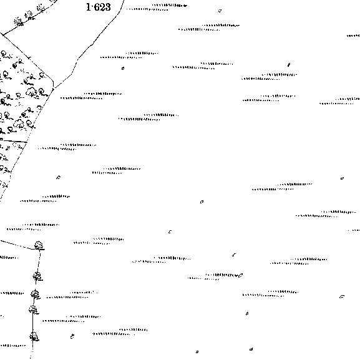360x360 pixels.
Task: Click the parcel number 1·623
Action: coord(98,7)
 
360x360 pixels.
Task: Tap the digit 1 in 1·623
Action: coord(89,7)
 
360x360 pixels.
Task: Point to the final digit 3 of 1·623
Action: coord(107,7)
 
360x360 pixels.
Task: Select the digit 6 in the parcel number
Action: coord(97,7)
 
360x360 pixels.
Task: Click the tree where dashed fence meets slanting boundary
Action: coord(39,245)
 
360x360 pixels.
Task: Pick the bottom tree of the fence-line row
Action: coord(34,336)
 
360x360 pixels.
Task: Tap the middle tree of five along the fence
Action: coord(35,294)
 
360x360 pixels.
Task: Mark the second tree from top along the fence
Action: coord(37,276)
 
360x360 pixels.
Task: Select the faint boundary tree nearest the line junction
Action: coord(18,21)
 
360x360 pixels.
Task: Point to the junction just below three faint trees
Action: coord(3,35)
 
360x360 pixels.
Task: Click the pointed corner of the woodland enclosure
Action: coord(53,89)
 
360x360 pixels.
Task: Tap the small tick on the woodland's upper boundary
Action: coord(29,57)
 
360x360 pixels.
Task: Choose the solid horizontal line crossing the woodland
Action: coord(14,140)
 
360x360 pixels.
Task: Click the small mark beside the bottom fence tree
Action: coord(72,336)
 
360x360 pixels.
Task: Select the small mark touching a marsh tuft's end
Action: coord(240,275)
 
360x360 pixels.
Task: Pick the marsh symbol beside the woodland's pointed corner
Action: coord(91,96)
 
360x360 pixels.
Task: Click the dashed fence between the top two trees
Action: coord(39,261)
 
